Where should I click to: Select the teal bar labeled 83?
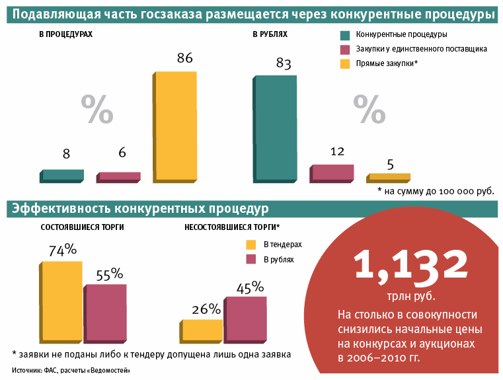(274, 127)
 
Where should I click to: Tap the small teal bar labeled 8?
(62, 174)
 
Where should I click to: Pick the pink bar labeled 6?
(119, 176)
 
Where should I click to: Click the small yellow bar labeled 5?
(389, 176)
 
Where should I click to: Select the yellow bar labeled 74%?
(61, 300)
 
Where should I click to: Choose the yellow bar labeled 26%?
(201, 329)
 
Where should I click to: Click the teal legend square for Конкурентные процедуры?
(344, 35)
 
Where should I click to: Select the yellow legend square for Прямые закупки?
(344, 64)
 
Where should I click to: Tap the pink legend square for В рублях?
(251, 260)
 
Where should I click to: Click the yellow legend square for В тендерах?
(251, 245)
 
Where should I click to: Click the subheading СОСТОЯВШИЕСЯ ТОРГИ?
(82, 227)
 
